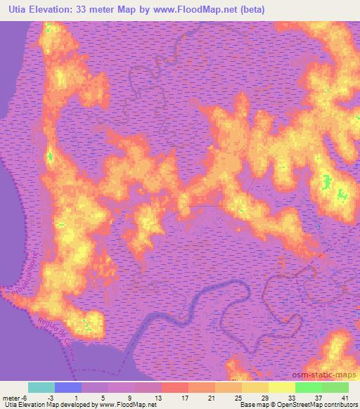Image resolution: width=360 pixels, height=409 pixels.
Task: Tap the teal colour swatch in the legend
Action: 41,387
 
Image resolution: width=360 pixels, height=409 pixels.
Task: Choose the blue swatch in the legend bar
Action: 68,387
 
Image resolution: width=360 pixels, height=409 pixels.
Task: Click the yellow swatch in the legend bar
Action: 282,387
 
